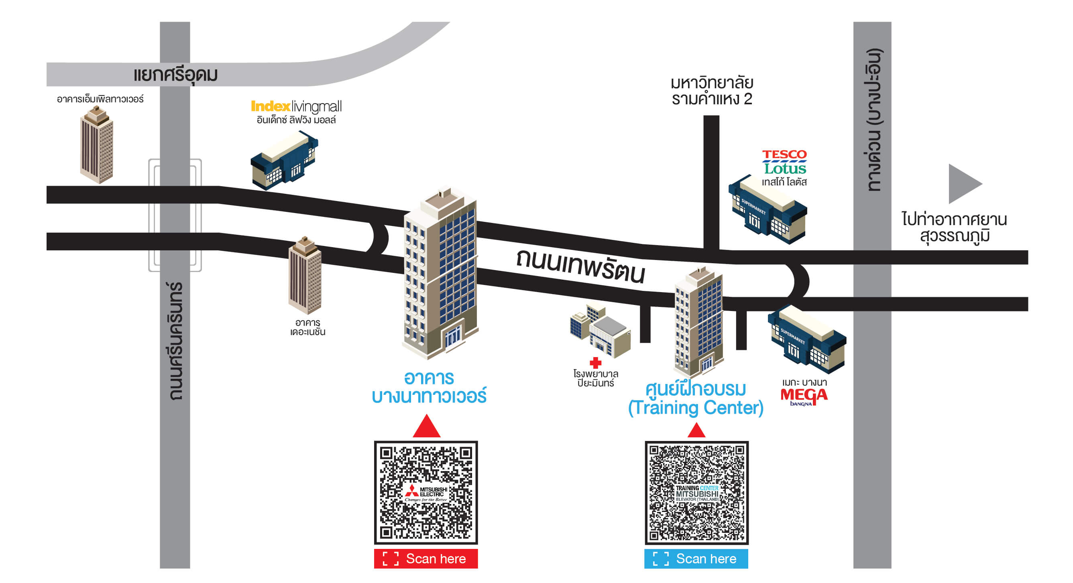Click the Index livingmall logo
(x=296, y=107)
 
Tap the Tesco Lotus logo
(x=785, y=163)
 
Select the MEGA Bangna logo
(x=804, y=396)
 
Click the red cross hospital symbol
(x=596, y=363)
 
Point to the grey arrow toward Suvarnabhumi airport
(x=963, y=184)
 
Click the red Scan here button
(x=426, y=559)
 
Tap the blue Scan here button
(x=696, y=559)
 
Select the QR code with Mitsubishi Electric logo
(x=426, y=492)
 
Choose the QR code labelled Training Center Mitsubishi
(x=696, y=493)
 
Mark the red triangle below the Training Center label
(x=696, y=431)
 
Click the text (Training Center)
(x=696, y=408)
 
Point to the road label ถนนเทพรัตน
(x=580, y=266)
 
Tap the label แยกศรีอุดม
(x=175, y=75)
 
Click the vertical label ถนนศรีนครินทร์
(x=175, y=341)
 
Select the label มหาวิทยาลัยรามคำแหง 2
(x=712, y=91)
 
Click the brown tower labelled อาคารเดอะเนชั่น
(x=305, y=276)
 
